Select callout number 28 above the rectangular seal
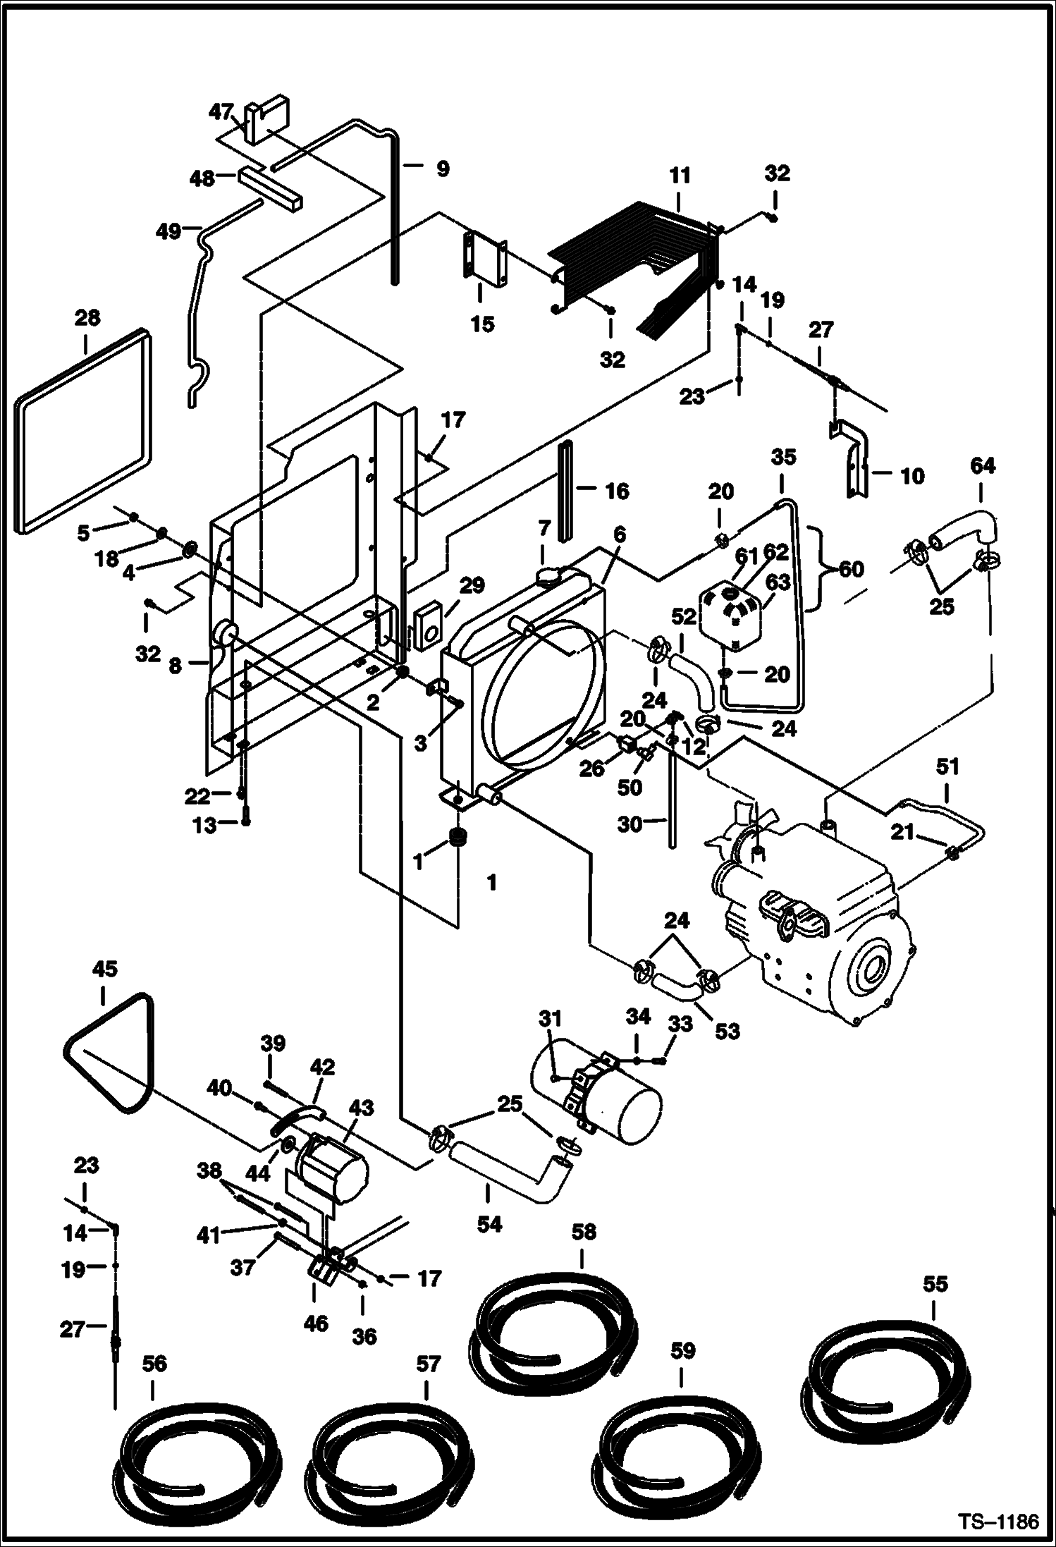coord(87,318)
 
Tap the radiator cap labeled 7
coord(548,575)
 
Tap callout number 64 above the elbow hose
coord(982,465)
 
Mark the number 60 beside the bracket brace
coord(851,568)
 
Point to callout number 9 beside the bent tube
coord(441,169)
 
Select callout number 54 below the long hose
coord(489,1224)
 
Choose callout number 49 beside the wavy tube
coord(169,231)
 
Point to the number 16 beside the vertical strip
coord(616,491)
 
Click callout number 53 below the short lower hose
coord(727,1031)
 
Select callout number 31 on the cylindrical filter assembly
coord(550,1019)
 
